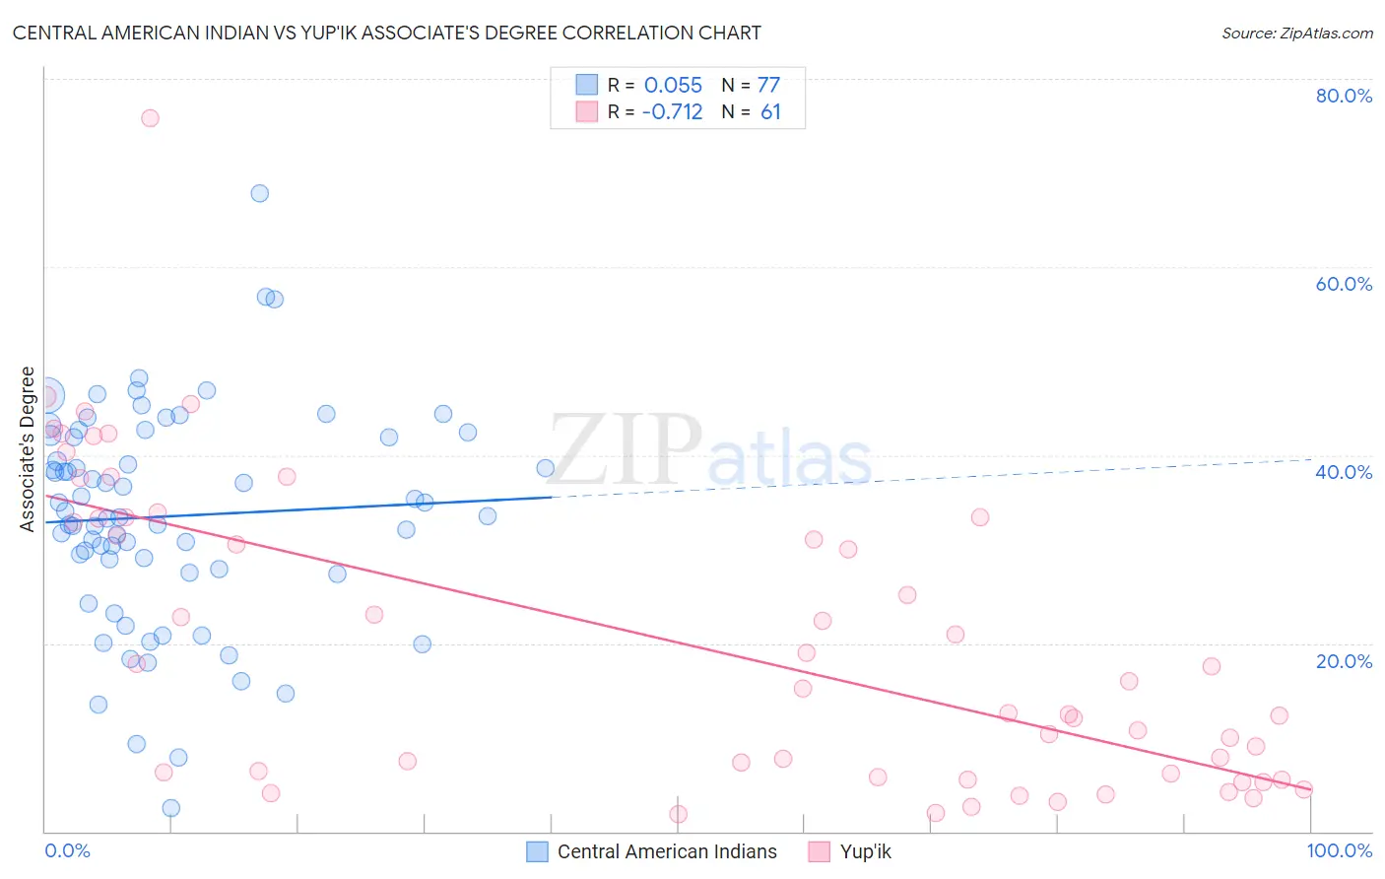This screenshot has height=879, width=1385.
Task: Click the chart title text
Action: click(386, 33)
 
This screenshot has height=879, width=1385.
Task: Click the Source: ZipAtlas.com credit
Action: click(1296, 33)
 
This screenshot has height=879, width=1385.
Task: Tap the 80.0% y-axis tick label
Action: click(1344, 96)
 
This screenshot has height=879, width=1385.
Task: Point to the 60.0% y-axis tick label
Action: click(1344, 284)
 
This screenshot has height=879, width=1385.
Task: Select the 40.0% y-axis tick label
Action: click(1344, 472)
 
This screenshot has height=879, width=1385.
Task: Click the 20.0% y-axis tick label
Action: click(1344, 660)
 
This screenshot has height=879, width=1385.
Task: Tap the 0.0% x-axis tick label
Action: click(67, 850)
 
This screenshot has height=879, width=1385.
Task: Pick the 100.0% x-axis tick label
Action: click(1339, 850)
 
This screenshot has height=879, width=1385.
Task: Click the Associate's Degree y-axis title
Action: click(28, 449)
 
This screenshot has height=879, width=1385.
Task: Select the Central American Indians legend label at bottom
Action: click(667, 851)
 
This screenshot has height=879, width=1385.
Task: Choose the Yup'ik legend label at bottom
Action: click(865, 851)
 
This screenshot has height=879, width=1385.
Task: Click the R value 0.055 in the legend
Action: click(673, 85)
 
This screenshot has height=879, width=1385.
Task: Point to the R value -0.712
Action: click(672, 111)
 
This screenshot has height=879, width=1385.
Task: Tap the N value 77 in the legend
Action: click(768, 85)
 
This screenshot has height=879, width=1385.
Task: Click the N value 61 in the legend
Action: click(770, 111)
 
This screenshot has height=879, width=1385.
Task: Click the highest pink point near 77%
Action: click(150, 118)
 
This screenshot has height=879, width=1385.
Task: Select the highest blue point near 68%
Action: click(259, 193)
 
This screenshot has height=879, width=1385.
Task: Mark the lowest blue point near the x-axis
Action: click(170, 808)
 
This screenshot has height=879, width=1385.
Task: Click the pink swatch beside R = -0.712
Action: click(587, 111)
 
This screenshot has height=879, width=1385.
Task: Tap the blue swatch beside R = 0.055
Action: click(587, 85)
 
